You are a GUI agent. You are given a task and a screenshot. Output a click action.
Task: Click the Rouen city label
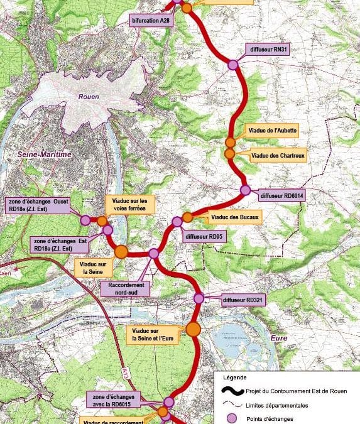(x=89, y=97)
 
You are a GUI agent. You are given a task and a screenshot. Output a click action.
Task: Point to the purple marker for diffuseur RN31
(x=232, y=65)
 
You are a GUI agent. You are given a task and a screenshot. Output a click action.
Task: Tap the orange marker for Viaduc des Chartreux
(x=230, y=154)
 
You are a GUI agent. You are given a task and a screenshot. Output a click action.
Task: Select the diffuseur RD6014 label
(x=284, y=196)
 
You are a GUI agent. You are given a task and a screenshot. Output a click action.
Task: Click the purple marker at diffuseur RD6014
(x=246, y=190)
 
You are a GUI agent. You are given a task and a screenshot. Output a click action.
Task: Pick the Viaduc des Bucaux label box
(x=235, y=217)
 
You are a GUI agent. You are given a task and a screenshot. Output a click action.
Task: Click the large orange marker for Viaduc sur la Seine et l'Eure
(x=193, y=329)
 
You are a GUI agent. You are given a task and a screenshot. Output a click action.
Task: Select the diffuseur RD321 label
(x=243, y=300)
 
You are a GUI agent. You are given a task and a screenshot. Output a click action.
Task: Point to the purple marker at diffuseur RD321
(x=199, y=298)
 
